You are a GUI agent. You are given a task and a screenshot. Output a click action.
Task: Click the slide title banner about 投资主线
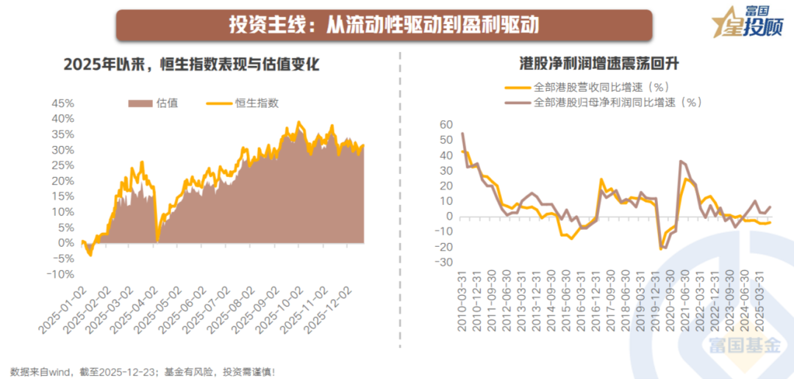click(x=385, y=26)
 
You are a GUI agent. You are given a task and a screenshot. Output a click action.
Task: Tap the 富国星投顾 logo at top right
click(x=749, y=24)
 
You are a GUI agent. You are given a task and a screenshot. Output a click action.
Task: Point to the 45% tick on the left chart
click(x=62, y=103)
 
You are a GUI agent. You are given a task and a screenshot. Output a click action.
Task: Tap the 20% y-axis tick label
click(x=62, y=181)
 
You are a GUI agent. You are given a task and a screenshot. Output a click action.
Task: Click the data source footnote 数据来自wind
click(x=143, y=372)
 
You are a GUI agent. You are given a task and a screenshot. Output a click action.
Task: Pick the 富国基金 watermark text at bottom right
click(x=743, y=346)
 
